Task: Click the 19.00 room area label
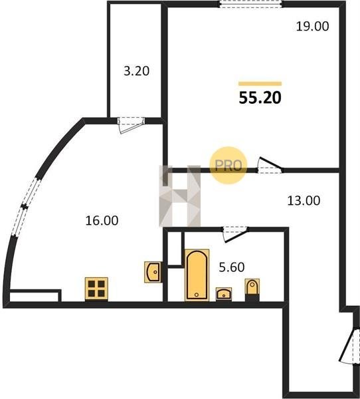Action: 312,26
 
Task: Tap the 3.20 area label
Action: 136,71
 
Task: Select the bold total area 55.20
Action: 260,98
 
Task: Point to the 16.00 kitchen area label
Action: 102,220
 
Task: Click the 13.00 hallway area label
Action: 304,201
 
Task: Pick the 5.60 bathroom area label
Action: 232,267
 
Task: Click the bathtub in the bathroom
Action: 197,275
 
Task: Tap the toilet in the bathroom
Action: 252,290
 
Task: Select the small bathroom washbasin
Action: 224,294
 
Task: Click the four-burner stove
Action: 96,289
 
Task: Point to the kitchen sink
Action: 153,272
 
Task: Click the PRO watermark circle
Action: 228,166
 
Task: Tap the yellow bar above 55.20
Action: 260,84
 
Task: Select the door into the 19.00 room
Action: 270,166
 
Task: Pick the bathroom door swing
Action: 235,235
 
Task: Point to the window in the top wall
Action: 250,5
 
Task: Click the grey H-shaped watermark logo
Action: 179,196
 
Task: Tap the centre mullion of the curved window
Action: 25,207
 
